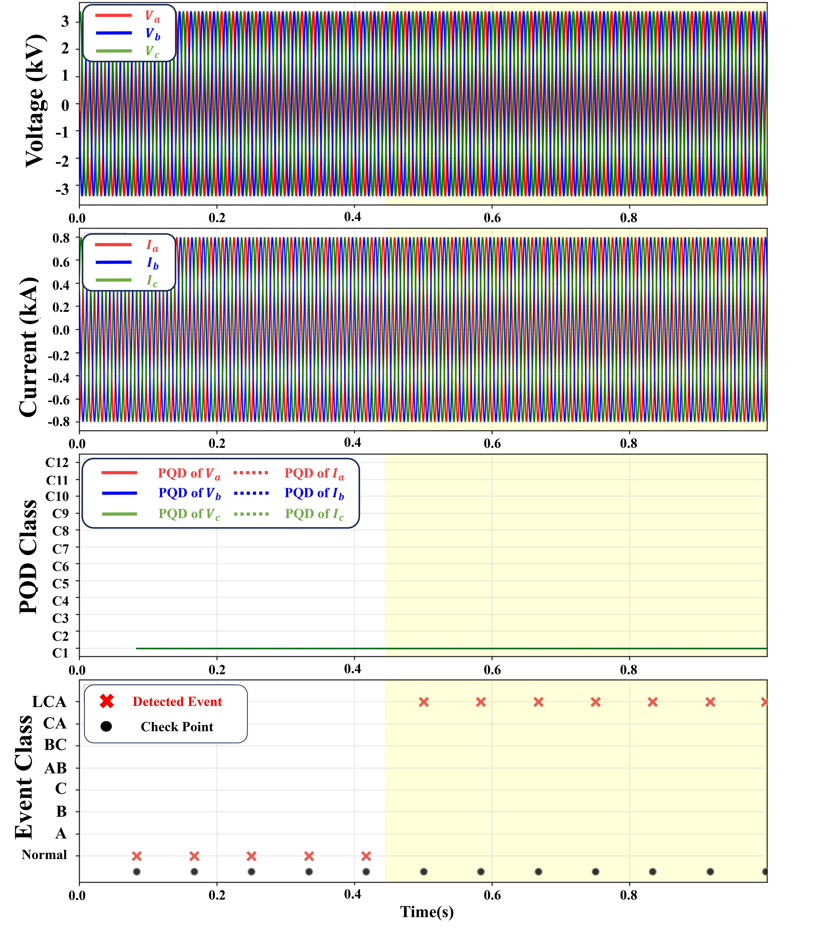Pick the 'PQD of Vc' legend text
(189, 514)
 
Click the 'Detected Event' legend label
(177, 702)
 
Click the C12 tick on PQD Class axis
(57, 462)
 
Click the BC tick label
(55, 745)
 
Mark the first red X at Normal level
(137, 856)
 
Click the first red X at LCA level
(423, 702)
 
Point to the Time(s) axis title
(427, 912)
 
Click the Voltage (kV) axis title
(35, 101)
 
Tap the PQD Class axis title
(28, 556)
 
